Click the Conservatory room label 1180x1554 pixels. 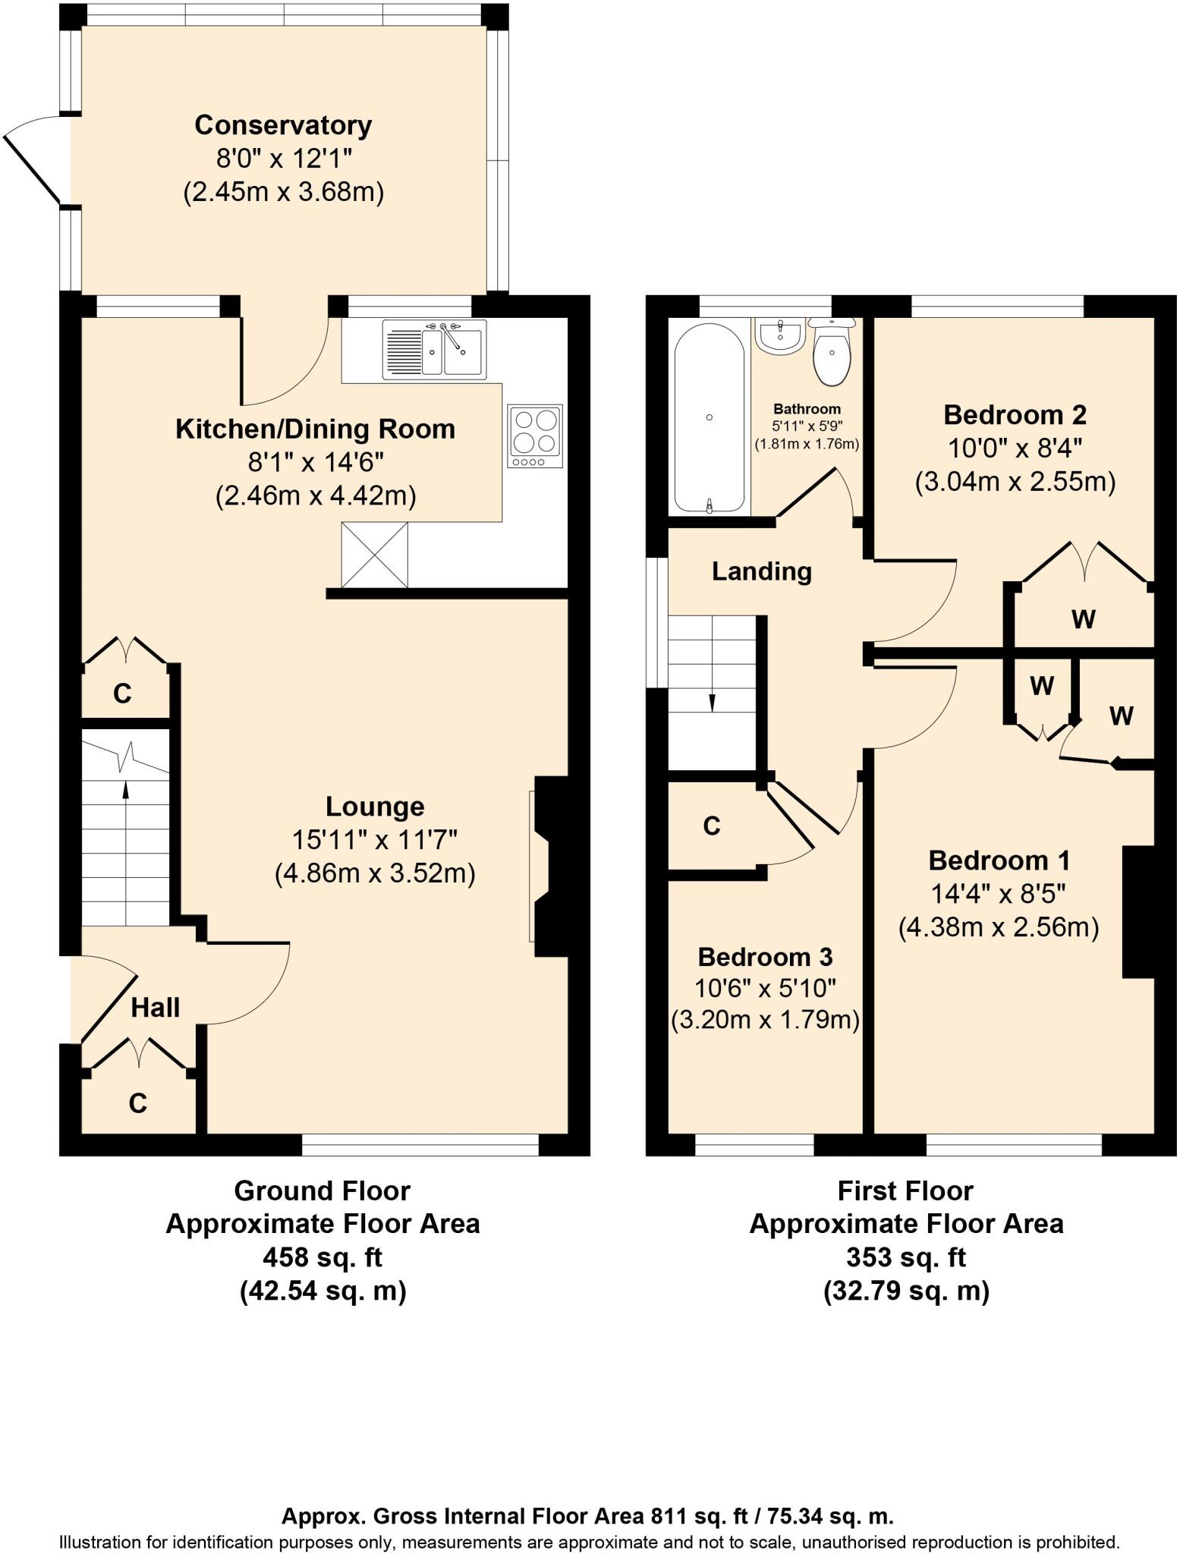[x=283, y=125]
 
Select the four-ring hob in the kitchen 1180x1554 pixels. [x=536, y=436]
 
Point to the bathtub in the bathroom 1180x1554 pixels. [x=709, y=418]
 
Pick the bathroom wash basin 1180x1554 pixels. [x=780, y=335]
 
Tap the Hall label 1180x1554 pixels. [x=156, y=1008]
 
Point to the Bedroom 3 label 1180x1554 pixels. [x=765, y=957]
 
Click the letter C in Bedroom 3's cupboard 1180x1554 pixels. [x=711, y=826]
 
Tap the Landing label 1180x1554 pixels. [x=761, y=571]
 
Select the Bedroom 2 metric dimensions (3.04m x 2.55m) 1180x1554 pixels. [x=1015, y=482]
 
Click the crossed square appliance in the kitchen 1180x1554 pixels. [x=374, y=555]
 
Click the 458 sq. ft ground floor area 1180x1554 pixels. [x=322, y=1257]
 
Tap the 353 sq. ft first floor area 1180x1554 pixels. [x=905, y=1257]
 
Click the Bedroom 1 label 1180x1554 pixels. [x=999, y=860]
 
